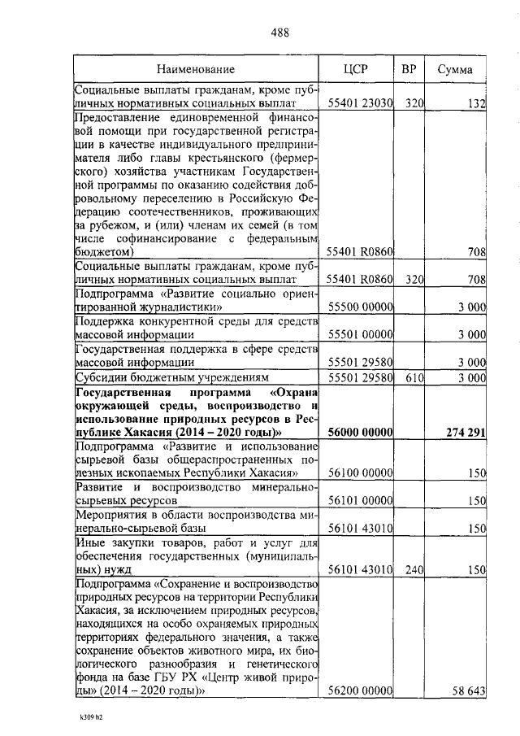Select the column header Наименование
[x=196, y=70]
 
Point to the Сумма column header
[x=455, y=70]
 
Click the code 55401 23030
[x=360, y=103]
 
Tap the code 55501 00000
[x=360, y=334]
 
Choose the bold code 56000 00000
[x=360, y=432]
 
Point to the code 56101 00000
[x=360, y=502]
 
